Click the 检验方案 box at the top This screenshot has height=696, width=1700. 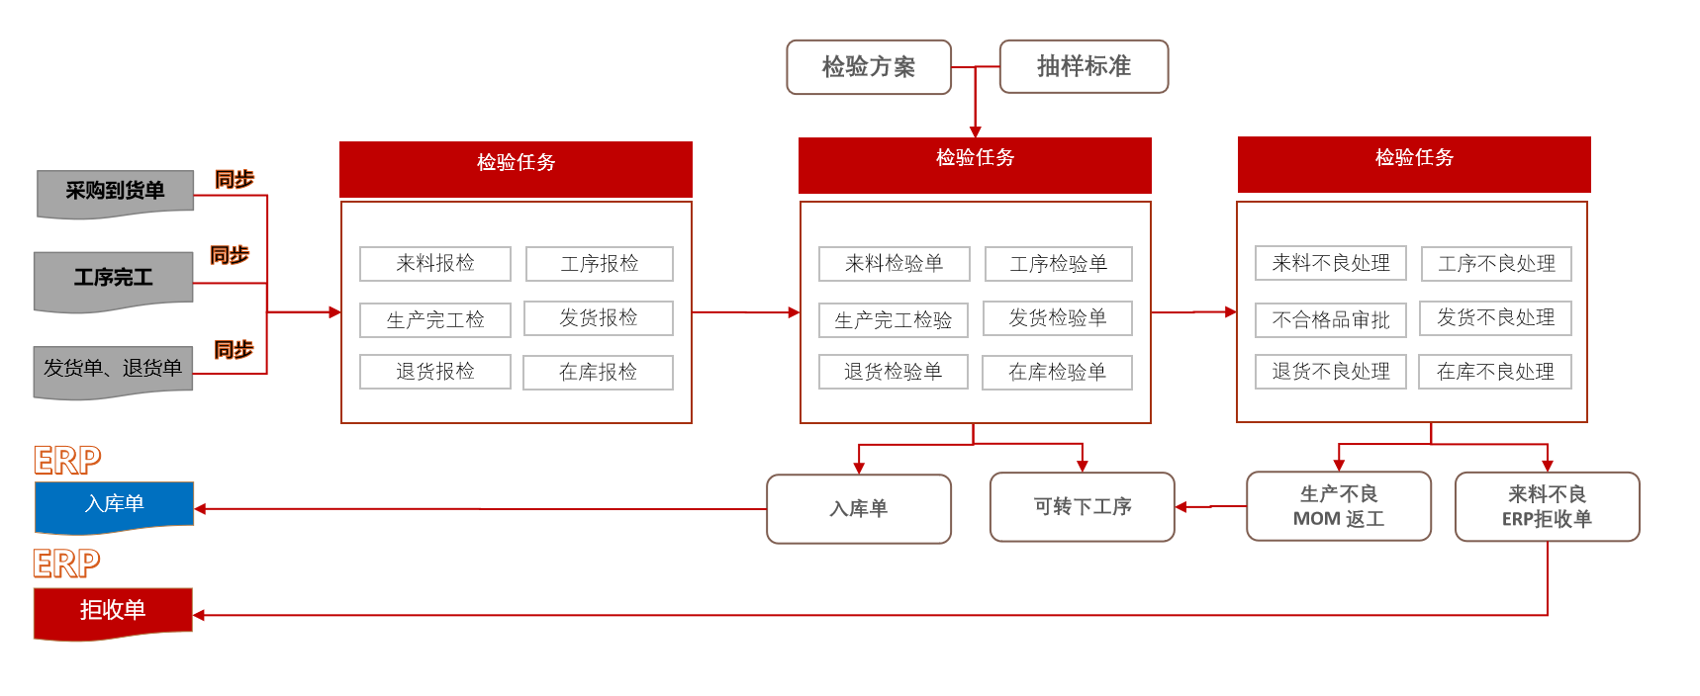click(x=869, y=67)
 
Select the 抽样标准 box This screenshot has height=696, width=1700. click(x=1084, y=66)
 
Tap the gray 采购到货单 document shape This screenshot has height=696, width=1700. click(x=115, y=193)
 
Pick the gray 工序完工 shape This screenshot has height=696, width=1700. click(x=114, y=281)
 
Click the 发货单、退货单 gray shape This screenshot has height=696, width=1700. click(x=113, y=371)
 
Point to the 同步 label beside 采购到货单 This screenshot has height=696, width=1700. click(x=235, y=179)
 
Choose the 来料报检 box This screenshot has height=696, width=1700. click(x=435, y=264)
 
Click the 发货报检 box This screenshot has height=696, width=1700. click(x=599, y=318)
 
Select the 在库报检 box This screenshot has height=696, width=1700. click(x=598, y=373)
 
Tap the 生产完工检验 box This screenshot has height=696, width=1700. click(x=894, y=320)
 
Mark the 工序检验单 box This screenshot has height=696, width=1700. click(x=1059, y=264)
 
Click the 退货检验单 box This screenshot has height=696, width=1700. click(x=893, y=372)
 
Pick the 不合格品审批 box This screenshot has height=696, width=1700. click(x=1331, y=320)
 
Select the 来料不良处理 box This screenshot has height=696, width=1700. click(x=1331, y=263)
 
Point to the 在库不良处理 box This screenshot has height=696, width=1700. click(x=1495, y=372)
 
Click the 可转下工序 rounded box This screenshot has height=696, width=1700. click(x=1083, y=507)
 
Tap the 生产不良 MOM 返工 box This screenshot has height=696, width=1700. click(x=1339, y=506)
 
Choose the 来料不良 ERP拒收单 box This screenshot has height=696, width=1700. click(x=1548, y=506)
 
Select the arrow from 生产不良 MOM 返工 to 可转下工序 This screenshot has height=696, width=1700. click(x=1211, y=507)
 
